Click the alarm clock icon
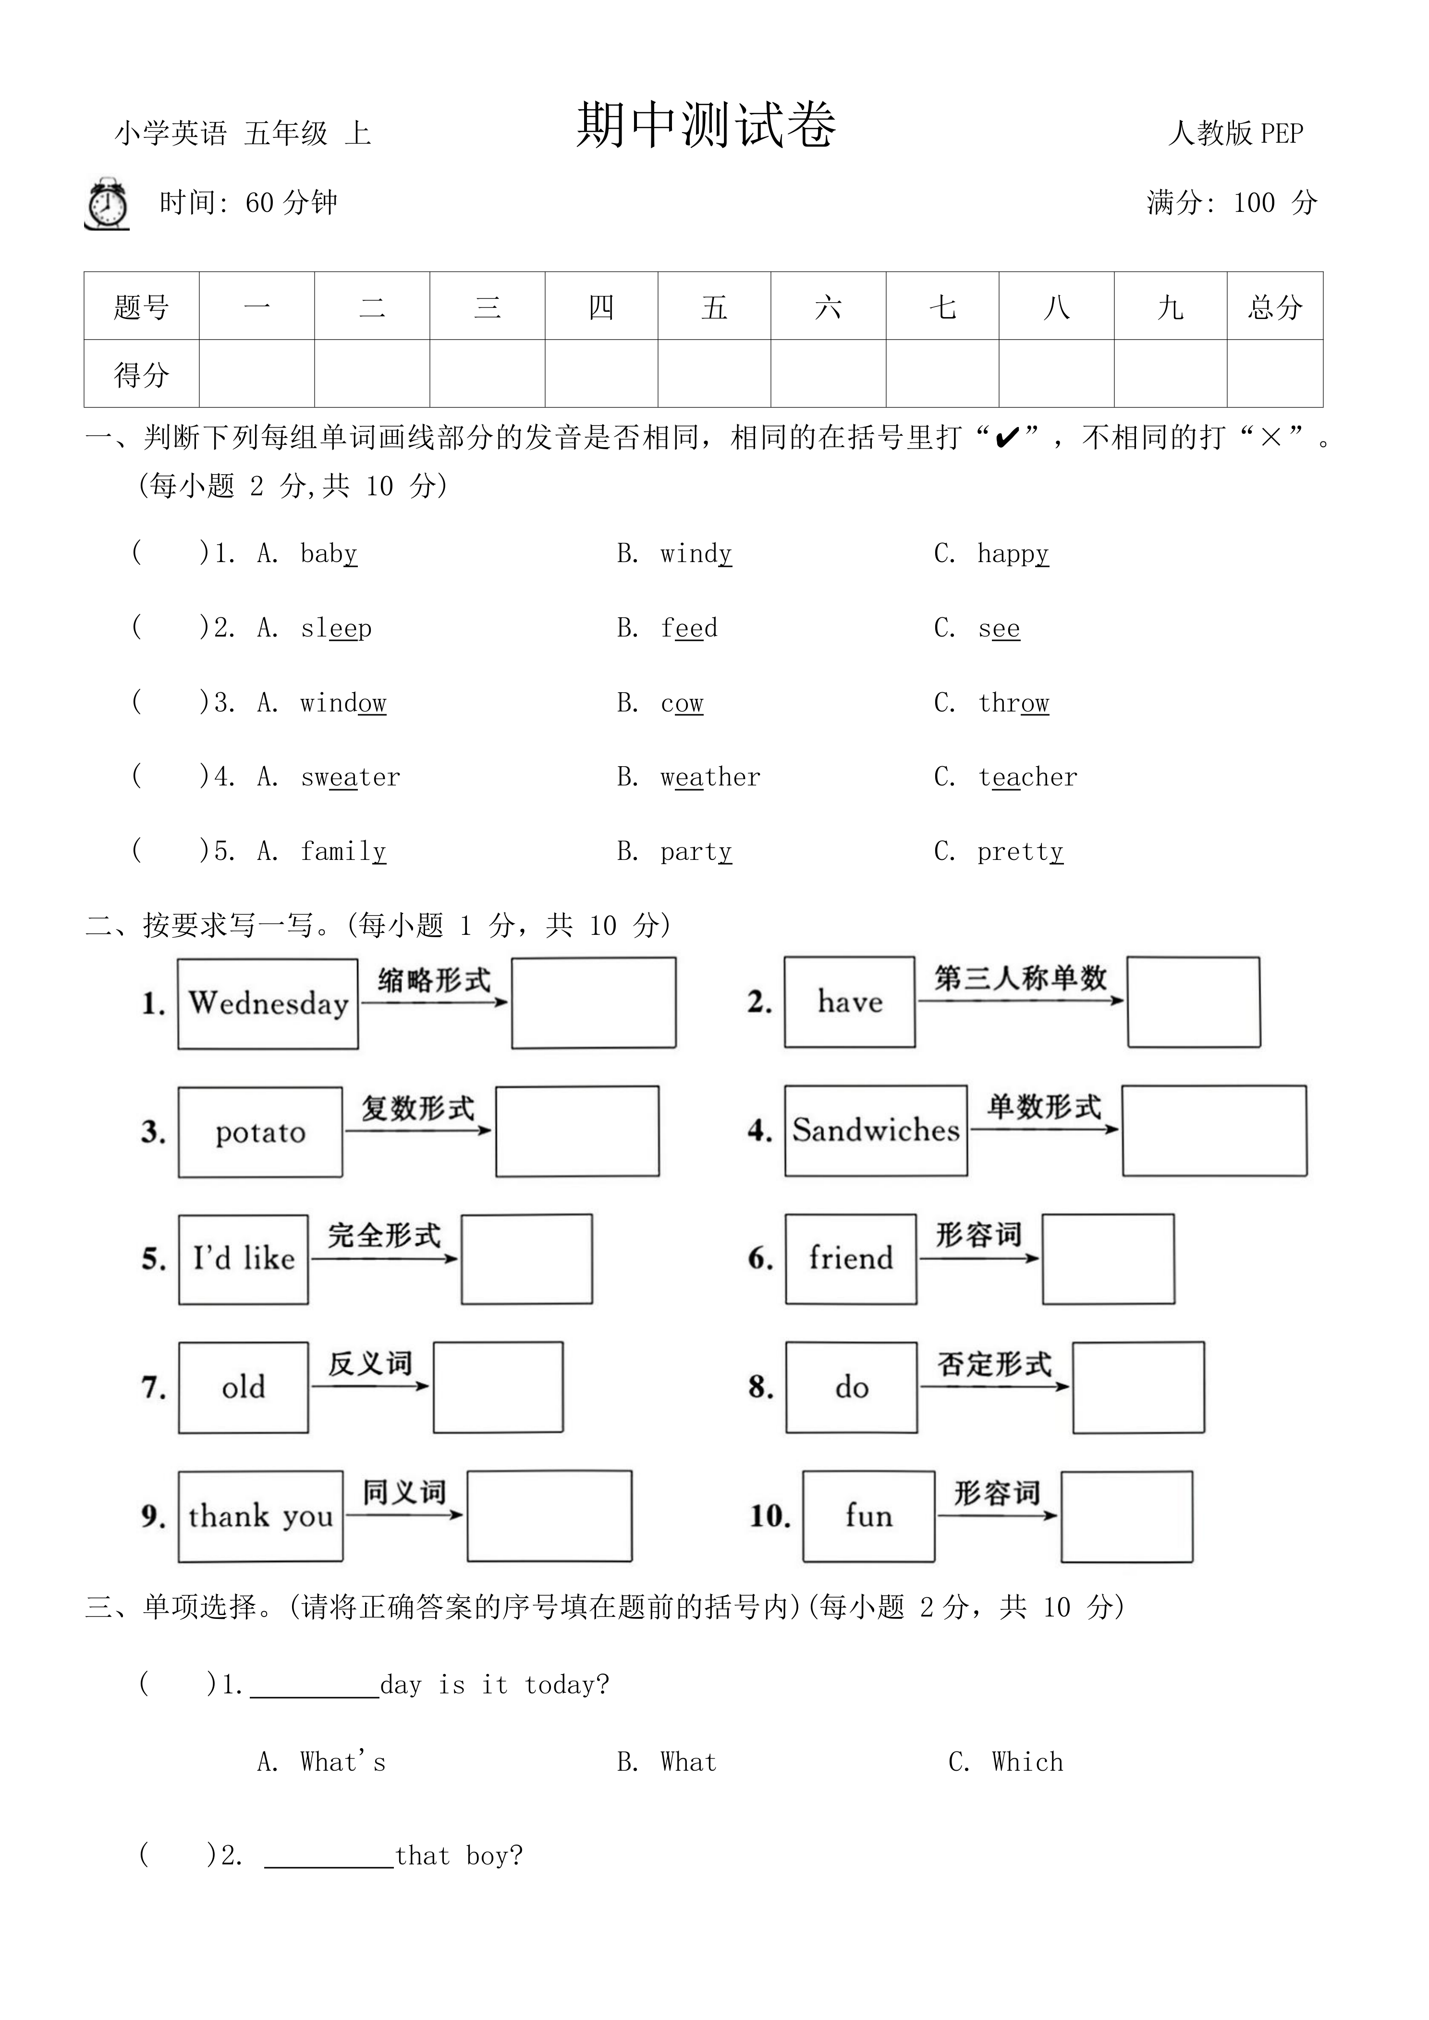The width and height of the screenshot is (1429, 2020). click(107, 204)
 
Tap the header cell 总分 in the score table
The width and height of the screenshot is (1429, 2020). click(1274, 307)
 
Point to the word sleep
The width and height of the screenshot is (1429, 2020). click(336, 628)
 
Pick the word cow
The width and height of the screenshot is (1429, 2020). click(682, 703)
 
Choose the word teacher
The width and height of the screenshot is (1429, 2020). click(1027, 777)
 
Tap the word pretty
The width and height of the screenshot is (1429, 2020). click(1020, 852)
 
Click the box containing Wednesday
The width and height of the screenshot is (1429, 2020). click(268, 1003)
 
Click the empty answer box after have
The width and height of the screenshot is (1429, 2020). click(1193, 1002)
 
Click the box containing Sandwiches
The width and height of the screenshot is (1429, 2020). click(876, 1130)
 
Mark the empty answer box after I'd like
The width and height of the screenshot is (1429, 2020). click(526, 1259)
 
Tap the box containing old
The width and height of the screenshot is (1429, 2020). click(243, 1387)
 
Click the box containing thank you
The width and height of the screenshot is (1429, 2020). click(260, 1516)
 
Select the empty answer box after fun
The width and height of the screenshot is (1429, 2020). click(1126, 1516)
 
